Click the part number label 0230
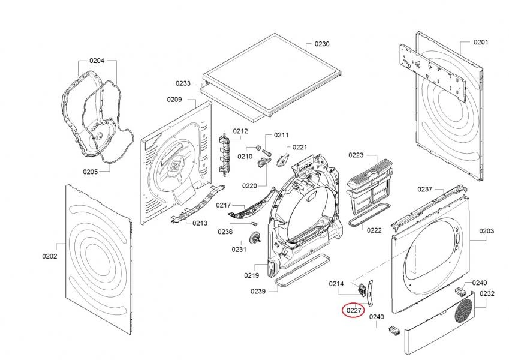coord(323,44)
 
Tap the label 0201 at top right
coord(481,42)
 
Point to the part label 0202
coord(49,257)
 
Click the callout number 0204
coord(97,61)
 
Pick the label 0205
coord(91,172)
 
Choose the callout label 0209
coord(174,100)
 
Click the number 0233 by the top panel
coord(183,83)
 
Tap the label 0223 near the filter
coord(356,155)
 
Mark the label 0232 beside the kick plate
coord(487,294)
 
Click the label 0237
coord(425,190)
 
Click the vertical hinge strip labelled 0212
coord(225,155)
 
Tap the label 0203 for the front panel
coord(487,231)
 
